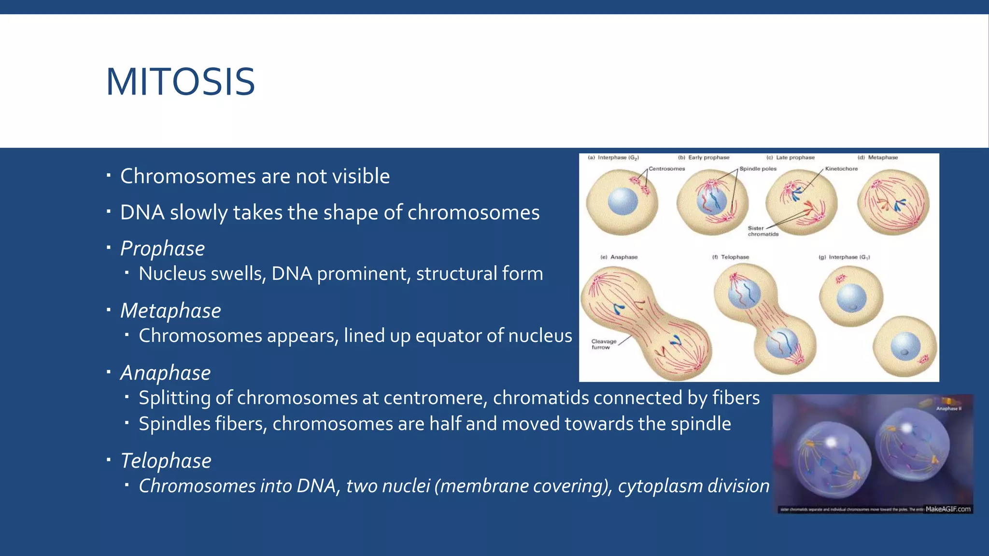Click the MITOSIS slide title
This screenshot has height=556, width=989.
[x=180, y=82]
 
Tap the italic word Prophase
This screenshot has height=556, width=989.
[x=162, y=249]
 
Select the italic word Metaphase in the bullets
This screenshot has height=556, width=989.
[x=170, y=311]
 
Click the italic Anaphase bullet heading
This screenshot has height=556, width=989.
[x=165, y=373]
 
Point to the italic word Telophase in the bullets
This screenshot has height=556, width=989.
[x=166, y=461]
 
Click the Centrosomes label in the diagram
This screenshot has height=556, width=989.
[x=666, y=169]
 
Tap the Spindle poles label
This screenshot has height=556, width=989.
[x=758, y=169]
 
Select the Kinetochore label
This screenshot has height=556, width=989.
[x=841, y=169]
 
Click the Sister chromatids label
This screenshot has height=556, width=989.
[x=763, y=231]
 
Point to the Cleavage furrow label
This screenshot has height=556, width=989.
[x=604, y=344]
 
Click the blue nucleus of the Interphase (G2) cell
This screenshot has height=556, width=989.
[x=622, y=201]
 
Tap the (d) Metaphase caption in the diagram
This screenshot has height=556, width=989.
[x=877, y=158]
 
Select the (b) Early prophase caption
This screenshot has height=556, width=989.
[x=704, y=158]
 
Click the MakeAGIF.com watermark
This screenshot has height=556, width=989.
[x=947, y=509]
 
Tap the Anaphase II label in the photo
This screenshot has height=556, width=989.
[x=948, y=409]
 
